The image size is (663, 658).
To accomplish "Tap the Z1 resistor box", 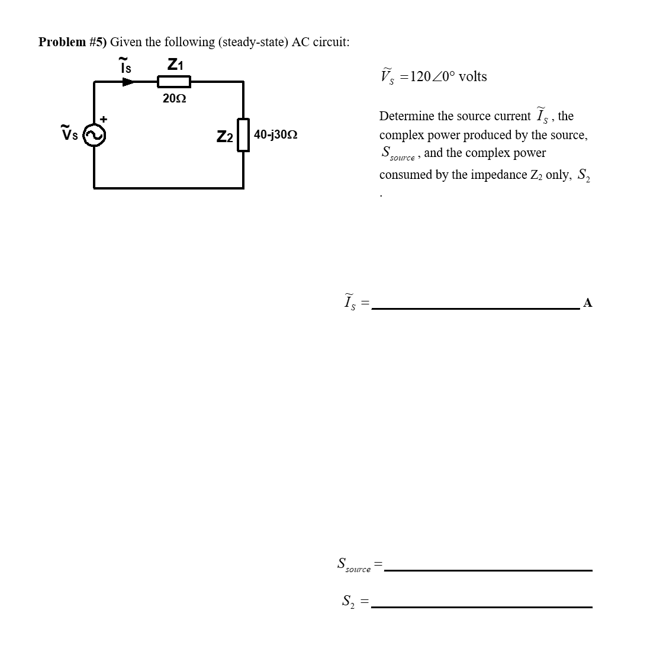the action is [x=173, y=82].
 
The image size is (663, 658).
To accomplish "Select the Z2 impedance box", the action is [x=243, y=136].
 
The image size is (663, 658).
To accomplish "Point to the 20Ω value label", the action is [x=174, y=99].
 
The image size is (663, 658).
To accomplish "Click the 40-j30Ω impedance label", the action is [x=275, y=135].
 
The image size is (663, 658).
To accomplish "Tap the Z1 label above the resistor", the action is [x=176, y=64].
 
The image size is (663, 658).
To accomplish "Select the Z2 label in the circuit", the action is [x=224, y=137].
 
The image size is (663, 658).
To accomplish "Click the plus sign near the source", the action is [x=104, y=119].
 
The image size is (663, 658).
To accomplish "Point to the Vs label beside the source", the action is [x=69, y=133].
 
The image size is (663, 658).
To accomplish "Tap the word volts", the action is [x=472, y=76].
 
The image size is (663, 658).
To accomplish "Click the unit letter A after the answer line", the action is [x=587, y=303].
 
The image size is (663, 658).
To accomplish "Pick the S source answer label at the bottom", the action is [x=353, y=564].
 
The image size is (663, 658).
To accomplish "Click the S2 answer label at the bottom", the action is [x=348, y=602].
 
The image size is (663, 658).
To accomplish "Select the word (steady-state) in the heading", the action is [x=254, y=42].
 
